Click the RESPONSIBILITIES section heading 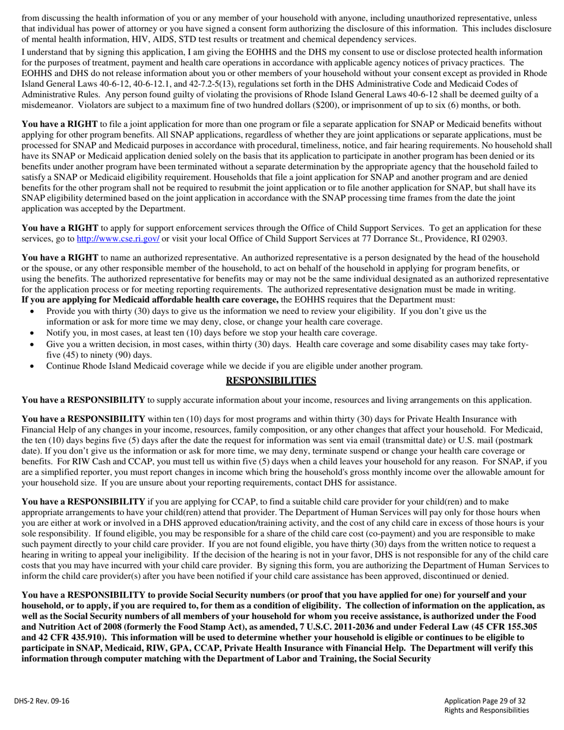tap(271, 381)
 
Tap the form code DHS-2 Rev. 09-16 tap(42, 701)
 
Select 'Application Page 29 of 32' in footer tap(484, 700)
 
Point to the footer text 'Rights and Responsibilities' tap(486, 710)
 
